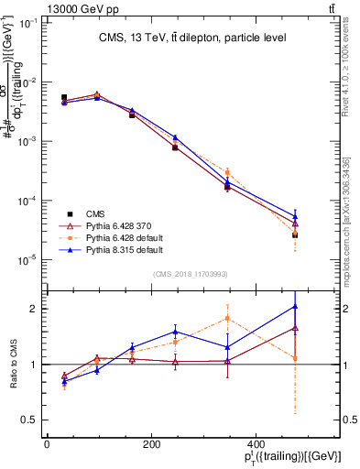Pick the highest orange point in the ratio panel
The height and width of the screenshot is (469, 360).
(x=227, y=318)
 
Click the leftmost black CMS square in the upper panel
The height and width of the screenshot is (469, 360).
(x=64, y=97)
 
